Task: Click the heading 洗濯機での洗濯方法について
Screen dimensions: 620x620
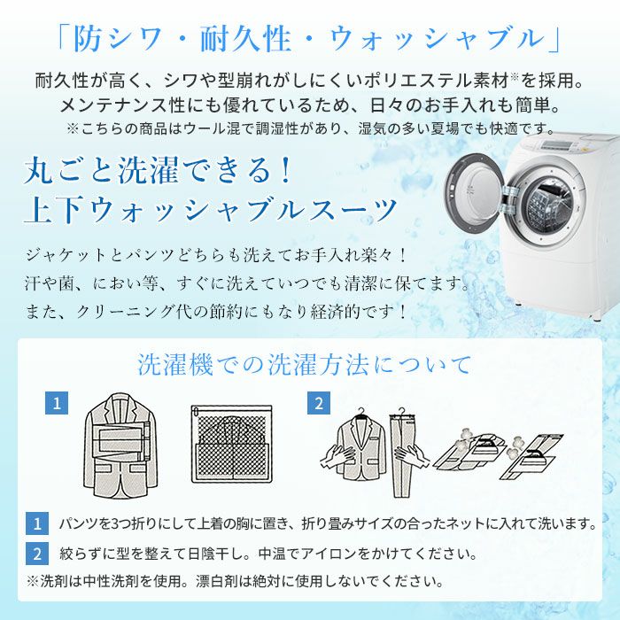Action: tap(317, 364)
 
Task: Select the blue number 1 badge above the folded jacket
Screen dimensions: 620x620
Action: tap(58, 404)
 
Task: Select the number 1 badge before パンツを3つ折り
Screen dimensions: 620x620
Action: tap(38, 523)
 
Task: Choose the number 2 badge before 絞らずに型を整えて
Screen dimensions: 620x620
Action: tap(38, 554)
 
